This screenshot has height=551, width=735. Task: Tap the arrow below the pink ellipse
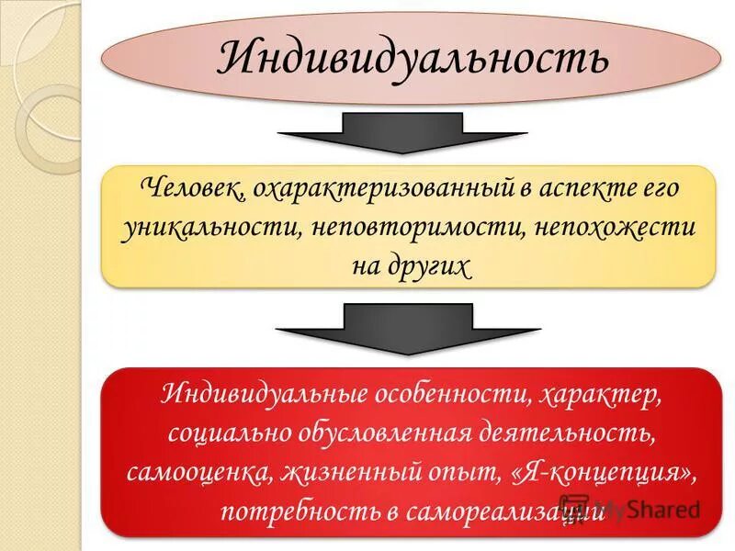pos(403,132)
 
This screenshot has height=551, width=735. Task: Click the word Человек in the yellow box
pos(192,189)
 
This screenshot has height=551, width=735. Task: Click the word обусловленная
pos(392,434)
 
